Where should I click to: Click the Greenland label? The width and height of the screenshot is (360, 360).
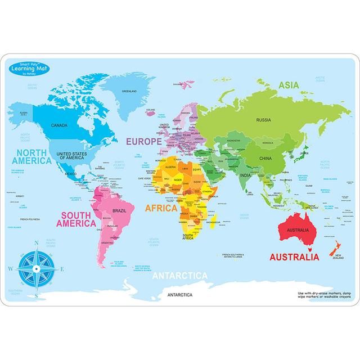130,91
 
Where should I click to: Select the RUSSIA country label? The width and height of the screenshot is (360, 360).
263,120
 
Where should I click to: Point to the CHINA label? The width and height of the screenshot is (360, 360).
265,158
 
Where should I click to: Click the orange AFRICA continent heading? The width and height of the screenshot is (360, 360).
161,208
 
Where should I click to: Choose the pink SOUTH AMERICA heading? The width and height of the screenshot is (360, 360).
85,218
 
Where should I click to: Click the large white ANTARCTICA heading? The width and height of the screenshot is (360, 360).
180,276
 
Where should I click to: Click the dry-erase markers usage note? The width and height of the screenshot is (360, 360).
319,296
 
